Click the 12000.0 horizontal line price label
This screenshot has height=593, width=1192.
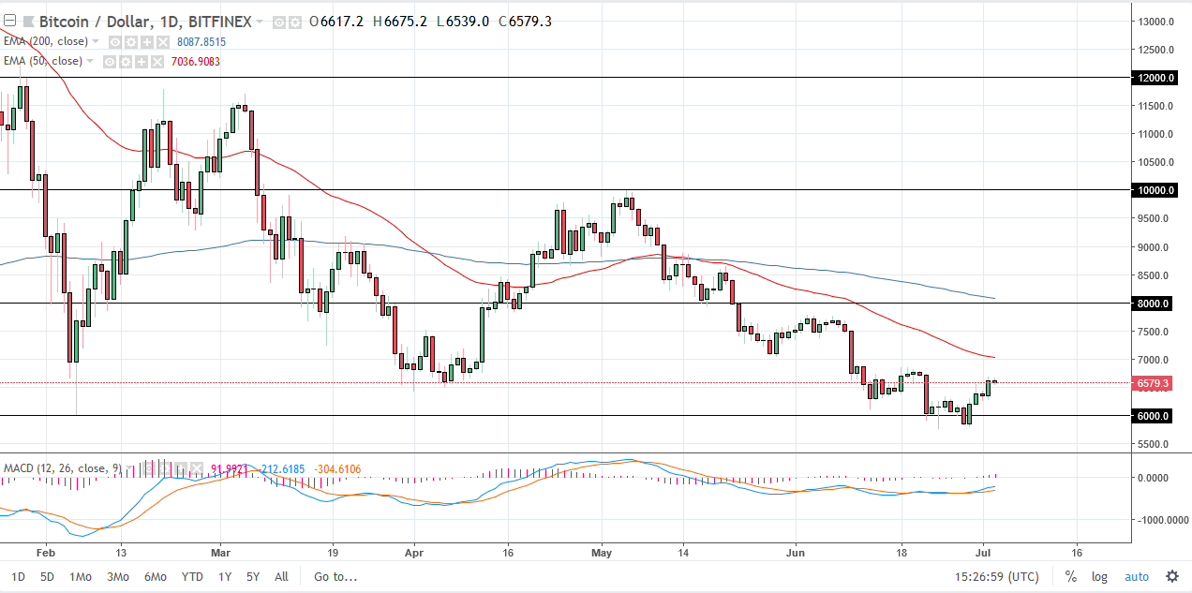(1154, 78)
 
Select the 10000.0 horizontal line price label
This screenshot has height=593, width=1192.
(1154, 190)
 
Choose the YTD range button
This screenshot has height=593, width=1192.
(192, 576)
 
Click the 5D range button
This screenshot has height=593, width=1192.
(46, 576)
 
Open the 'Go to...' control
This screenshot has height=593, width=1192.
(335, 576)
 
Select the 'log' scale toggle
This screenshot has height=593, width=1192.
(1099, 576)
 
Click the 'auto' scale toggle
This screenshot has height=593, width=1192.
(1136, 576)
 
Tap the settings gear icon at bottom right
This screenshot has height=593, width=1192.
(1171, 576)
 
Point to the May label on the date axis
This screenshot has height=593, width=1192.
(603, 553)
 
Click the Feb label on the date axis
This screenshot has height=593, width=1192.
(47, 553)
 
